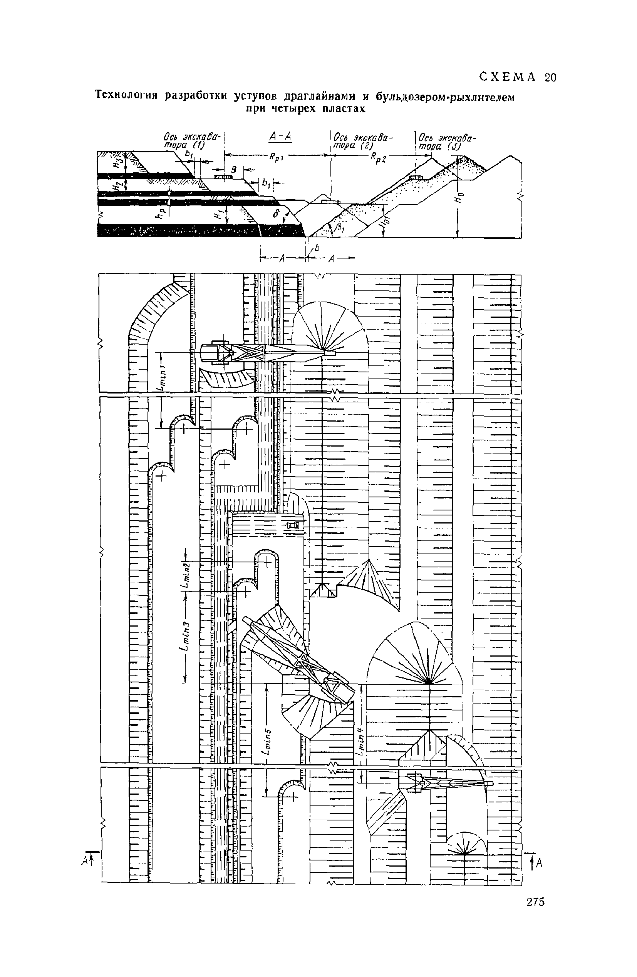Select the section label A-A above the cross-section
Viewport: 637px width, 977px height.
280,137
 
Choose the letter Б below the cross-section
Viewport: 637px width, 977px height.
317,247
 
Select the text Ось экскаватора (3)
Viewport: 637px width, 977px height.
446,142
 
